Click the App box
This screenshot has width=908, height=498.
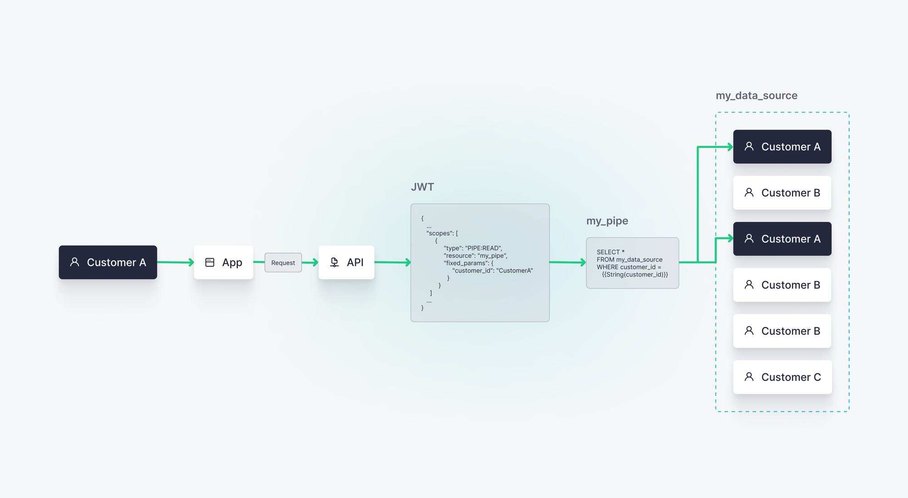point(223,262)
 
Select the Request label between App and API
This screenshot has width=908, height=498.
point(283,263)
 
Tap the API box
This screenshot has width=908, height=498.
point(346,262)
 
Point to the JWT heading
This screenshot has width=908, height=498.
point(422,187)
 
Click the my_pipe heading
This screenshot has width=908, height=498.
point(607,221)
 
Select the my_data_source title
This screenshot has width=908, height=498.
point(756,96)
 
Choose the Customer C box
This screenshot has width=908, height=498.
point(782,377)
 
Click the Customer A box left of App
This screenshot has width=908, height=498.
point(108,262)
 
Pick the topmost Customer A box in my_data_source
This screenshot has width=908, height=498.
point(782,147)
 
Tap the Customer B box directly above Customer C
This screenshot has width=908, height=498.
point(782,331)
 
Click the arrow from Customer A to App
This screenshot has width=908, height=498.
point(175,262)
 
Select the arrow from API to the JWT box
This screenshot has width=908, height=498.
point(392,262)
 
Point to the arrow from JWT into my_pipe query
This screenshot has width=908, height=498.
point(567,262)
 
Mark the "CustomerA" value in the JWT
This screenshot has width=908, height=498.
point(515,271)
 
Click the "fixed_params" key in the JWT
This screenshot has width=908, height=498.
point(466,263)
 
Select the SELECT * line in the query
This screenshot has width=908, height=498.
point(611,252)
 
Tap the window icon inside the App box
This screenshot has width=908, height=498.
point(210,262)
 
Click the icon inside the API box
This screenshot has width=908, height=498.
point(335,262)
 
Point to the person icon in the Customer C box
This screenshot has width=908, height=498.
point(749,377)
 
